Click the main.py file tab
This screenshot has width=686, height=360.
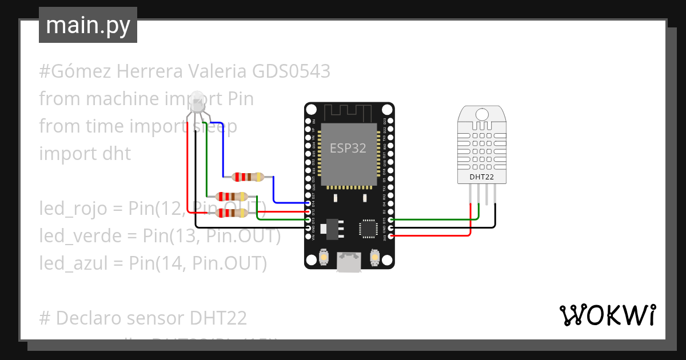(87, 25)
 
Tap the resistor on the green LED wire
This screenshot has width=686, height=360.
(233, 196)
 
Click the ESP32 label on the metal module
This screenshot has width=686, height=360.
(348, 148)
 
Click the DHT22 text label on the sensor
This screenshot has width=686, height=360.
(481, 177)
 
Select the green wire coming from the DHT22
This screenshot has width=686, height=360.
(434, 218)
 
